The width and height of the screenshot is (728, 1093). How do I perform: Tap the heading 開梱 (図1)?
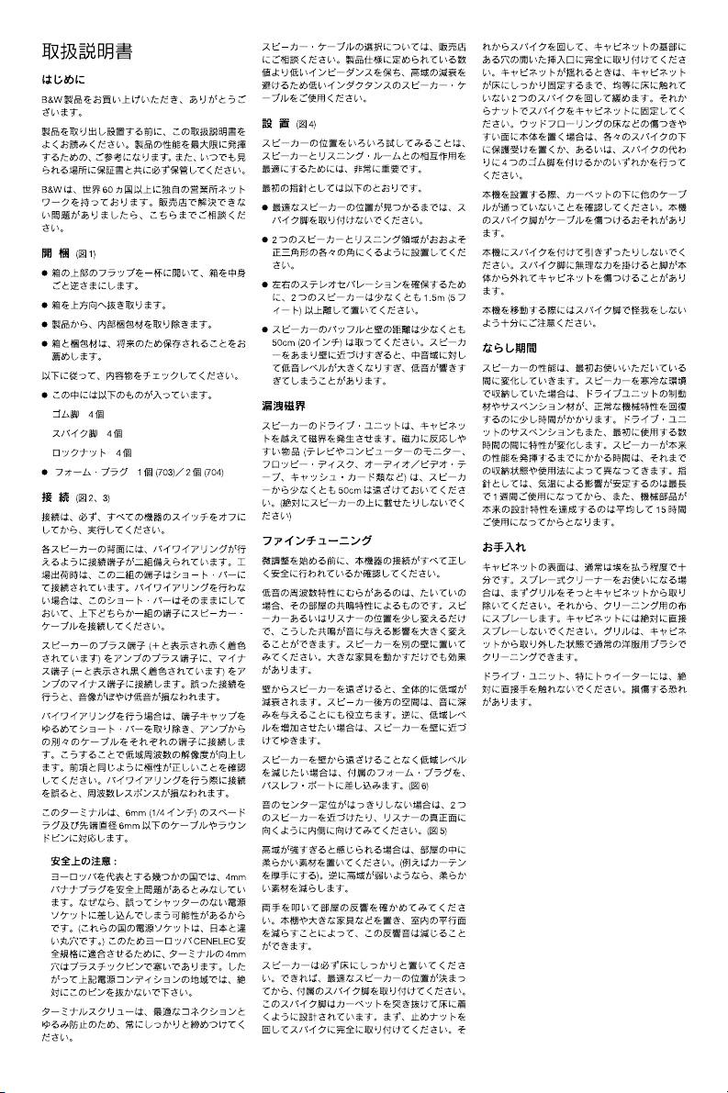[69, 252]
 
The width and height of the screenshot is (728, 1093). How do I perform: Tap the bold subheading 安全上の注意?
[83, 860]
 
